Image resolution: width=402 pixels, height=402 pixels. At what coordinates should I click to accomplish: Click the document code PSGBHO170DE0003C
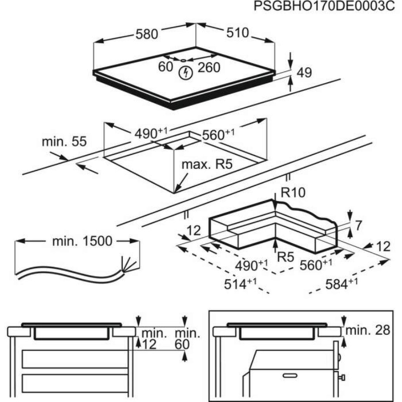pos(324,7)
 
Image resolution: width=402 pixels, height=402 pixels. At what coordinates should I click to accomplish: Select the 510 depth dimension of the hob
pos(237,33)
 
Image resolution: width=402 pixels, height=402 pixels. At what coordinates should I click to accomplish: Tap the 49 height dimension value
pos(304,73)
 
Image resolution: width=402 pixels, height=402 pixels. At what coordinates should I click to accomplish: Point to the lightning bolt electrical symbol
pos(185,72)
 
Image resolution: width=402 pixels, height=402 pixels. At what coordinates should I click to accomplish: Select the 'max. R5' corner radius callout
pos(207,164)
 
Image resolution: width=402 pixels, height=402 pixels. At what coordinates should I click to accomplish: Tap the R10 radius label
pos(292,192)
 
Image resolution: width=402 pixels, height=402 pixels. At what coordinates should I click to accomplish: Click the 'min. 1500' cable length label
pos(82,241)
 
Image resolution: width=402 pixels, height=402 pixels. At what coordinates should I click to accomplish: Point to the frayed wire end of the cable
pos(128,264)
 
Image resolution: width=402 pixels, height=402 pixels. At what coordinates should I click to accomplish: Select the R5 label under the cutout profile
pos(285,258)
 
